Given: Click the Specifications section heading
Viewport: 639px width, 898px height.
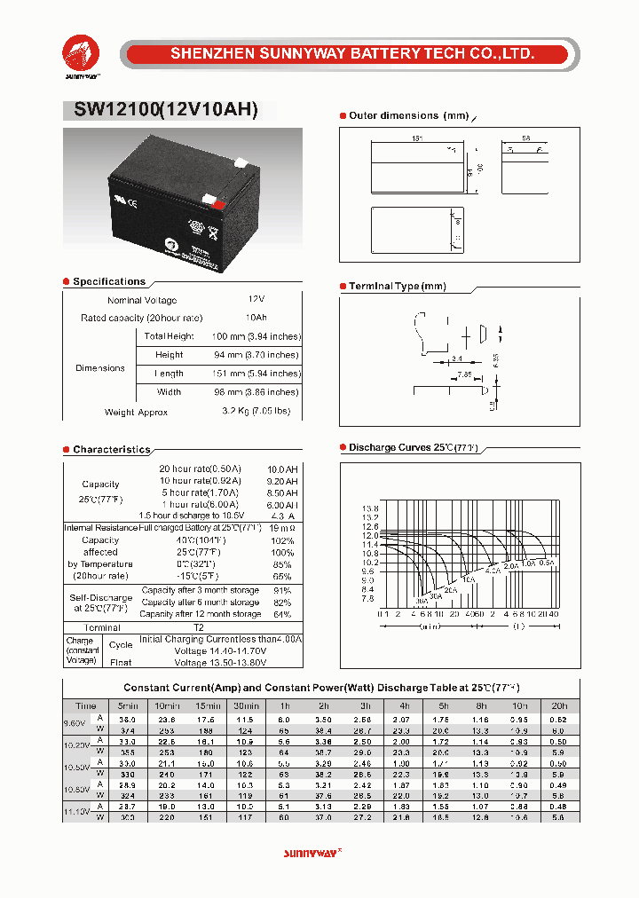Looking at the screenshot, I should pos(108,281).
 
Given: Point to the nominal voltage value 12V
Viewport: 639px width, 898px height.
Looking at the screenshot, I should pos(256,301).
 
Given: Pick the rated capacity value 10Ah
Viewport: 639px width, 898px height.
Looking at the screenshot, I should pos(256,318).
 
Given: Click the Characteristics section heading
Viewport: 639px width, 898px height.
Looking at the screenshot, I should pos(111,450).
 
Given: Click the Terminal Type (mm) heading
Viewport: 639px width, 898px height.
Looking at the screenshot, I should pos(397,287).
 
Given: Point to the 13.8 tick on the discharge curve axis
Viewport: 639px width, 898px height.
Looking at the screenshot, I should pos(369,508).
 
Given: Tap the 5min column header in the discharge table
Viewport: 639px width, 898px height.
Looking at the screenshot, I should pos(128,705).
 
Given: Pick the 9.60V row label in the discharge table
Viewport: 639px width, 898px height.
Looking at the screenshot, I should pos(76,722).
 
